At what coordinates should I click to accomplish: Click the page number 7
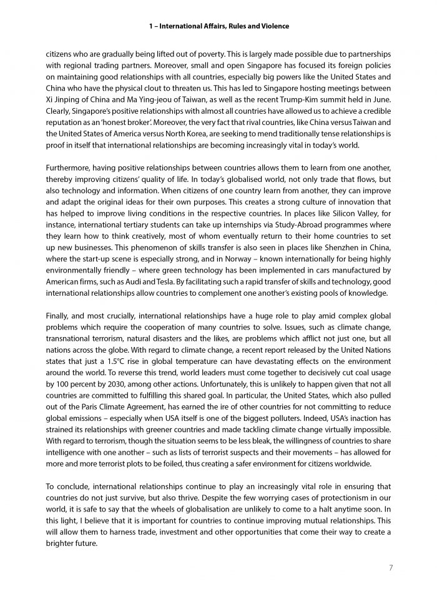click(x=390, y=567)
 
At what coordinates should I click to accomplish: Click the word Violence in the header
click(x=273, y=26)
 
